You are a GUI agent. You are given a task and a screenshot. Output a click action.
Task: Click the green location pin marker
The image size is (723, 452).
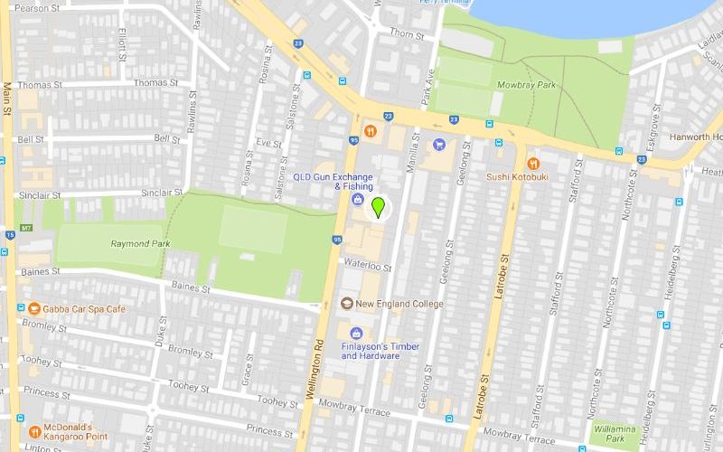tap(379, 207)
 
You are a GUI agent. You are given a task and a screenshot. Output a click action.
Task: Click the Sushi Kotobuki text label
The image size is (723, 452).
tap(517, 177)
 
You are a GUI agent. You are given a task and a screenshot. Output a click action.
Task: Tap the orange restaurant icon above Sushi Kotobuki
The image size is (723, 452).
tap(533, 164)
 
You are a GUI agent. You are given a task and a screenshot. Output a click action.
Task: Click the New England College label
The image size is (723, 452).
tap(399, 304)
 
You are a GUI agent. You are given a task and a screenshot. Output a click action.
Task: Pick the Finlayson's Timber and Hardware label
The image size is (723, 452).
tap(371, 350)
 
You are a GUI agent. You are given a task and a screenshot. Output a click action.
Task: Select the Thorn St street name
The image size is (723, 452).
tap(406, 33)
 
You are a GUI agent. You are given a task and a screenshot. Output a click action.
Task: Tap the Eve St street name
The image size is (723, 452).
tap(268, 143)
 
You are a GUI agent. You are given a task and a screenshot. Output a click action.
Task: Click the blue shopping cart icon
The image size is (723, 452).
tap(439, 144)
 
